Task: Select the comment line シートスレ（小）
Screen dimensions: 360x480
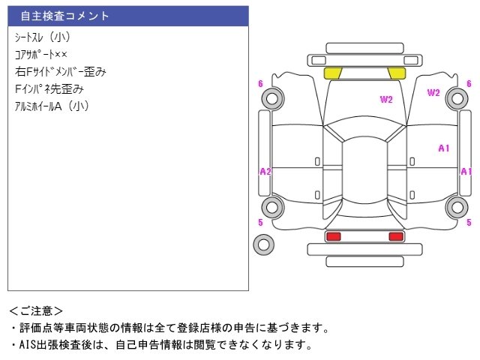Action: [42, 37]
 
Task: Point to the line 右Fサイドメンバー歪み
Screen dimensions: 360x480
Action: [61, 72]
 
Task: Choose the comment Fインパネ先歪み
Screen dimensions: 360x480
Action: [49, 89]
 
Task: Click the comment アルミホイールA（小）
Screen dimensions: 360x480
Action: [52, 106]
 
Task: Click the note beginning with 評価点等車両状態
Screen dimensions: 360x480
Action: [168, 328]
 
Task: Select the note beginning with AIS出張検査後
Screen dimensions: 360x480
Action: [160, 345]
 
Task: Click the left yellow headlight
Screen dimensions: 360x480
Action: [333, 73]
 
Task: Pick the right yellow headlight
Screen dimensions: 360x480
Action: [397, 73]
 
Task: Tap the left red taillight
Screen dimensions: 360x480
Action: [333, 237]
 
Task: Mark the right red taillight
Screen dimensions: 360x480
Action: [396, 237]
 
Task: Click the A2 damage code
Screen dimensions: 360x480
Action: [265, 172]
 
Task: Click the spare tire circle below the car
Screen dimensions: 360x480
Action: [263, 244]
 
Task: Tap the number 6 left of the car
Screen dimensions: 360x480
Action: [260, 84]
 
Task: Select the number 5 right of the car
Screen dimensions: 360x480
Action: [469, 223]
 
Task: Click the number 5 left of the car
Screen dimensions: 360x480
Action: [260, 223]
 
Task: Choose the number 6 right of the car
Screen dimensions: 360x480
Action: [469, 84]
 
